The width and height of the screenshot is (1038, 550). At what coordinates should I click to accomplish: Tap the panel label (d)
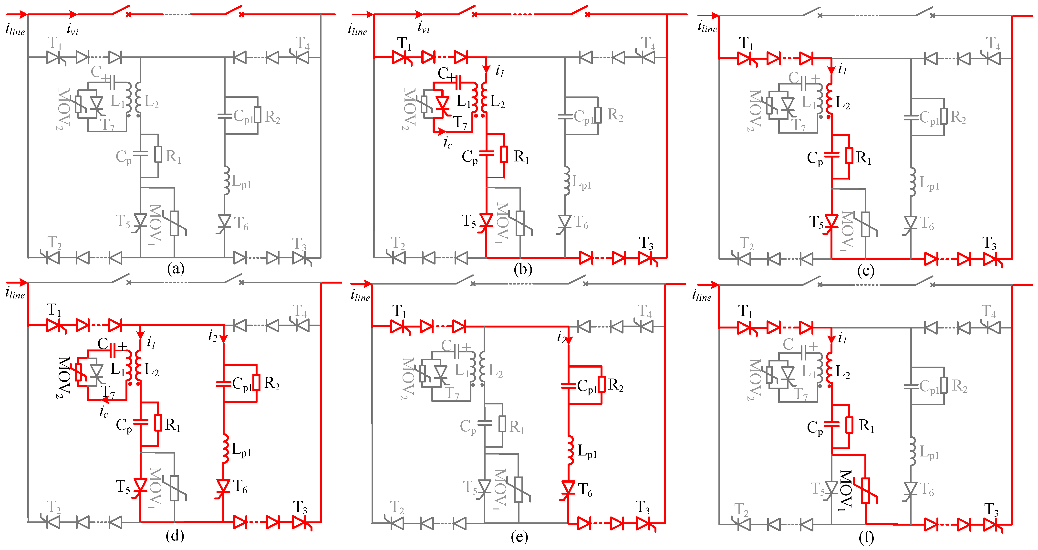175,536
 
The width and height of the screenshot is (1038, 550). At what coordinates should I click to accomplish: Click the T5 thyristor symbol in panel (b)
486,221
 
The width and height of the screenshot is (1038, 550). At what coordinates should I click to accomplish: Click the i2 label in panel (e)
562,337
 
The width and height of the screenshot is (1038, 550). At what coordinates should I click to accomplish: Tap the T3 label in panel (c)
989,243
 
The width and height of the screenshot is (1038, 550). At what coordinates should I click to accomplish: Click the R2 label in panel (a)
272,117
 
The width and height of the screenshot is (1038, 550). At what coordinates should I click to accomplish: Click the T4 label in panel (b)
648,43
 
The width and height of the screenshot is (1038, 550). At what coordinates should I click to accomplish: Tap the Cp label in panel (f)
815,427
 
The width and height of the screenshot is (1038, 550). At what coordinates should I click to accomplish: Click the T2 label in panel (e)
397,508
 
